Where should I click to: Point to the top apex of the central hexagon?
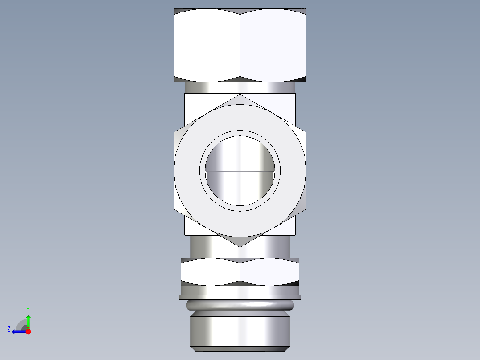coord(240,95)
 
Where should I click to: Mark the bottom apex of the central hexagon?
coord(240,246)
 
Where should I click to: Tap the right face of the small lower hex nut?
coord(269,272)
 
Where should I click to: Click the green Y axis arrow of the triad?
coord(28,320)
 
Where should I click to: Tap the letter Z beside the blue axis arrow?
coord(9,329)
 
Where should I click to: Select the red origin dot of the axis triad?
coord(28,331)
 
